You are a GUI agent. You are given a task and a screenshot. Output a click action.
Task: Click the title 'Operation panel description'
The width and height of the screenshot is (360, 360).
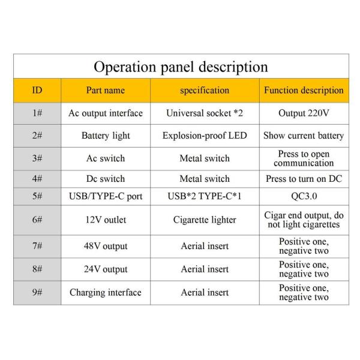[181, 67]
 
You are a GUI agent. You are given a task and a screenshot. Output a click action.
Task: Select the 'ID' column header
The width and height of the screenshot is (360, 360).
[37, 90]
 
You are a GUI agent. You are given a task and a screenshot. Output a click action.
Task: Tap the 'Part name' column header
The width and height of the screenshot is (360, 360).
[106, 90]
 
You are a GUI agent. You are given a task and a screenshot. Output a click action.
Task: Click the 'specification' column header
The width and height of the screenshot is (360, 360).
[205, 91]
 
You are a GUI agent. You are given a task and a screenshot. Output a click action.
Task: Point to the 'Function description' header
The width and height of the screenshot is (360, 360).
[304, 90]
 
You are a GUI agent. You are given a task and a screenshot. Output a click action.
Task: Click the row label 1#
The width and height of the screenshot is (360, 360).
[37, 113]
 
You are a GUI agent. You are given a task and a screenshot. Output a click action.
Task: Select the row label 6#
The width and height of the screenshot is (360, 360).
[37, 220]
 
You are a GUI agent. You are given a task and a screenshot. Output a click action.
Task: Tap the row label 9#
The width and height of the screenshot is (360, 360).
[37, 292]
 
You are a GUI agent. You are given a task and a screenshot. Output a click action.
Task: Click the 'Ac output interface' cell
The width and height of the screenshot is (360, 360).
[106, 113]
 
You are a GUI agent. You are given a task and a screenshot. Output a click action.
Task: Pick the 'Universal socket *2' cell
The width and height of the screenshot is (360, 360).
[205, 113]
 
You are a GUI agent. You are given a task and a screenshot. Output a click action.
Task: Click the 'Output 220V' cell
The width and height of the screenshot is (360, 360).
[304, 113]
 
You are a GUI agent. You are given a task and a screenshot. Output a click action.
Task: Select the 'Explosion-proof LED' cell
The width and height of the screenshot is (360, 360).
[205, 136]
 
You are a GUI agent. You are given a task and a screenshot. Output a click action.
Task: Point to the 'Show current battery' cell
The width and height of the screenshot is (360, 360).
[304, 136]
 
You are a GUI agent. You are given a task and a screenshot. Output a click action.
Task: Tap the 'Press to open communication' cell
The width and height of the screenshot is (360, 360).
[304, 158]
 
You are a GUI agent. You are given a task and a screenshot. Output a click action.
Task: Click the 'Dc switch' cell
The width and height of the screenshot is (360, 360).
[106, 179]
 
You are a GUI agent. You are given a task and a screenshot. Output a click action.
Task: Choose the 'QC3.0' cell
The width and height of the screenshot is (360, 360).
[304, 196]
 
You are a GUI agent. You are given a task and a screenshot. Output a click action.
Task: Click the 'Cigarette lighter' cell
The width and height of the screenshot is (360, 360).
[205, 220]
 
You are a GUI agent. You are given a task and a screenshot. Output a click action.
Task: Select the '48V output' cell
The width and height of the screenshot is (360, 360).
[106, 246]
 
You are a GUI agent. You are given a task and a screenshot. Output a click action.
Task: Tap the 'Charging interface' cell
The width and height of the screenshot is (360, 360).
[106, 293]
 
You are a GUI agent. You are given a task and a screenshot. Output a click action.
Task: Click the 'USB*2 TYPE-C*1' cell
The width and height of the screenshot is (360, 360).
[205, 196]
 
